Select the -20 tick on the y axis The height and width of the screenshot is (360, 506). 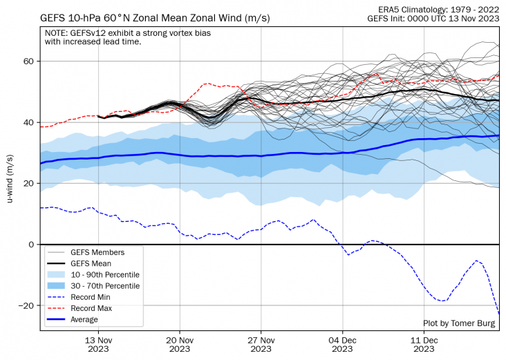coord(26,305)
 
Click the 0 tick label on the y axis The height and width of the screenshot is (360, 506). coord(30,245)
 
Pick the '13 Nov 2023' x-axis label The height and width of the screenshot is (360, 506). coord(99,344)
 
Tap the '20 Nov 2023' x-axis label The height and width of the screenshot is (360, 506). coord(180,344)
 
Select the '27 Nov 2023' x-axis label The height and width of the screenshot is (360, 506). coord(261,344)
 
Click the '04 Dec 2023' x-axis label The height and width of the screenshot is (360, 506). coord(341,344)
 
